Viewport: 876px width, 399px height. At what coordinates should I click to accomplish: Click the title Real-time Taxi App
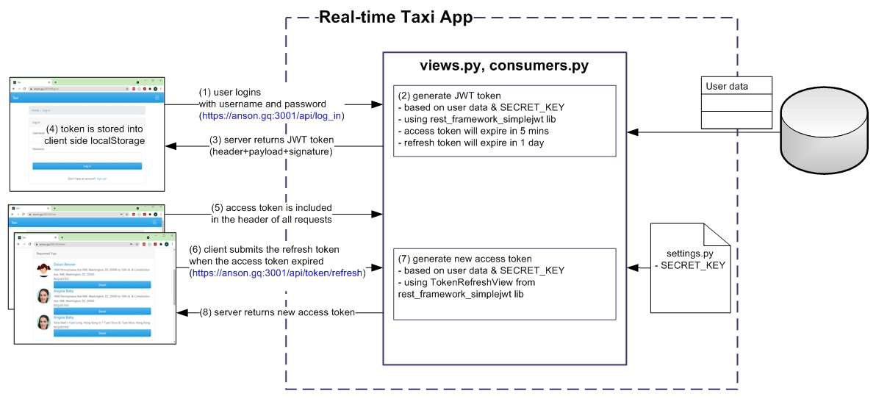(x=396, y=17)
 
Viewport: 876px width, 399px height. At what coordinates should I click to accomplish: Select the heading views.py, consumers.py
(x=504, y=65)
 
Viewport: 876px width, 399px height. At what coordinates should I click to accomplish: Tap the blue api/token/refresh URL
(x=277, y=273)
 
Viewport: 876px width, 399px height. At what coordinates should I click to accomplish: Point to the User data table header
(x=736, y=86)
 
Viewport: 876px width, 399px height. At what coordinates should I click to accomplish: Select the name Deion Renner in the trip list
(x=65, y=263)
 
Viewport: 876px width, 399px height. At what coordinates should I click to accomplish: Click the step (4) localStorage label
(x=95, y=135)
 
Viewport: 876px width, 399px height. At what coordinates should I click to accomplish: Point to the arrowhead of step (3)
(x=170, y=145)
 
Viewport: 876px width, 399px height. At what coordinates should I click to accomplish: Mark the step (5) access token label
(x=271, y=213)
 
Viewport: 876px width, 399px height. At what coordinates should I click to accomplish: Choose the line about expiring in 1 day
(x=470, y=143)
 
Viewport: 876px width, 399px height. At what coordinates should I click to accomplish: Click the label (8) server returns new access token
(x=277, y=312)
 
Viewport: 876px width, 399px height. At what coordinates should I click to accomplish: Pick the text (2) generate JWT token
(x=449, y=96)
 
